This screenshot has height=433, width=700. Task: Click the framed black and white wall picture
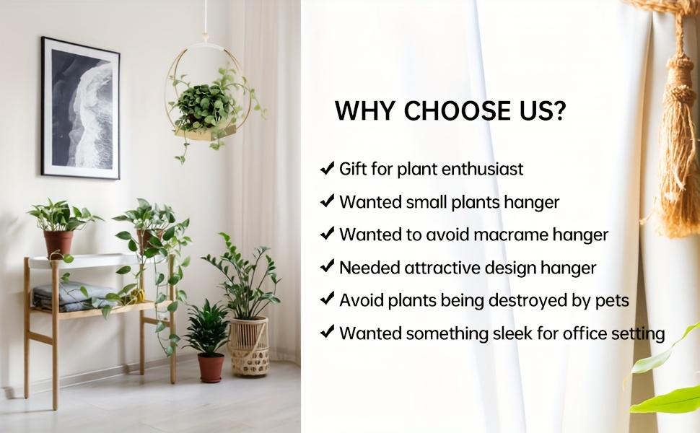[x=80, y=108]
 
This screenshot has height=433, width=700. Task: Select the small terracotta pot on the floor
[x=211, y=367]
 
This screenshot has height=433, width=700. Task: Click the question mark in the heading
[x=559, y=111]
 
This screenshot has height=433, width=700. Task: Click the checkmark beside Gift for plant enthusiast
[x=327, y=169]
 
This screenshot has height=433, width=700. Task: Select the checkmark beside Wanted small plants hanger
[x=327, y=201]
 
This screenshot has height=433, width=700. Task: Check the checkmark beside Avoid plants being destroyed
[x=327, y=299]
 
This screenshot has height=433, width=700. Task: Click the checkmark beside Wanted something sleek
[x=327, y=333]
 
